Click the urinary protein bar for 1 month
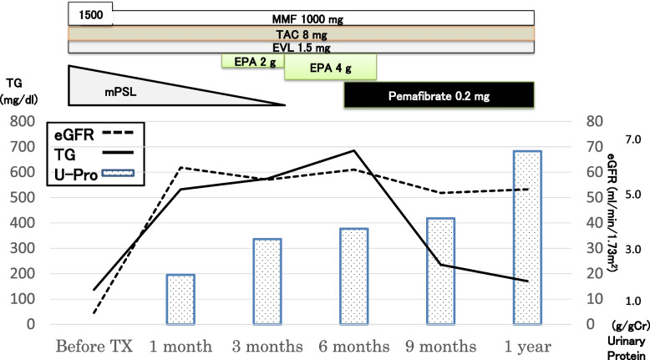[x=180, y=299]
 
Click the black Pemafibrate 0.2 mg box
[x=439, y=96]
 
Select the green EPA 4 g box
[x=330, y=66]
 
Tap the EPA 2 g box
[x=252, y=61]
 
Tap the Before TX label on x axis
[x=94, y=346]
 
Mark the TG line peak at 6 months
[x=354, y=150]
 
